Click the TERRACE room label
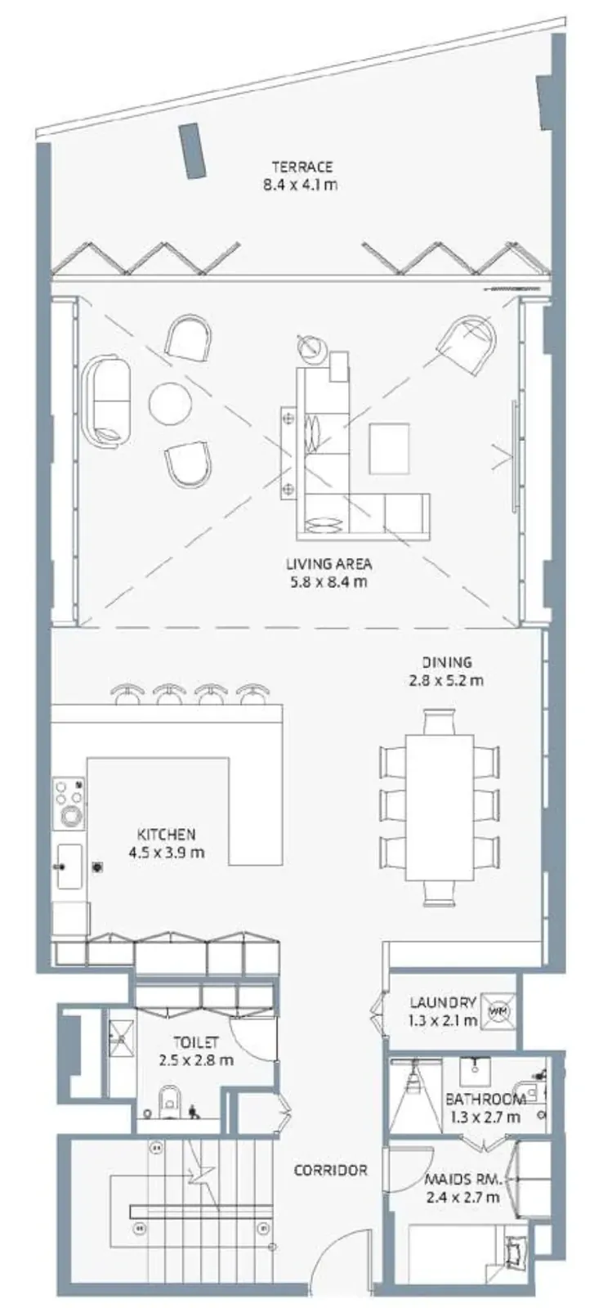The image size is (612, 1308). (302, 167)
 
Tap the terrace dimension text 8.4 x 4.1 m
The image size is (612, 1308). (300, 186)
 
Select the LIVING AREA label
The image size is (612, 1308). (329, 564)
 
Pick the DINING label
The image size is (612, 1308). (447, 662)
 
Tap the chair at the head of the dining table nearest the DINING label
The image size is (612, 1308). (440, 721)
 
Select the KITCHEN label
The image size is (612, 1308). (166, 834)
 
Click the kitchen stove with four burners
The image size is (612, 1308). (69, 804)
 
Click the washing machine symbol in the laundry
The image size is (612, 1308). (498, 1010)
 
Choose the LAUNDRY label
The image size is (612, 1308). (442, 1002)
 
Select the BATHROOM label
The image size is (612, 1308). (485, 1099)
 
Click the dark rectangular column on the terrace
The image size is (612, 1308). (191, 150)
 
